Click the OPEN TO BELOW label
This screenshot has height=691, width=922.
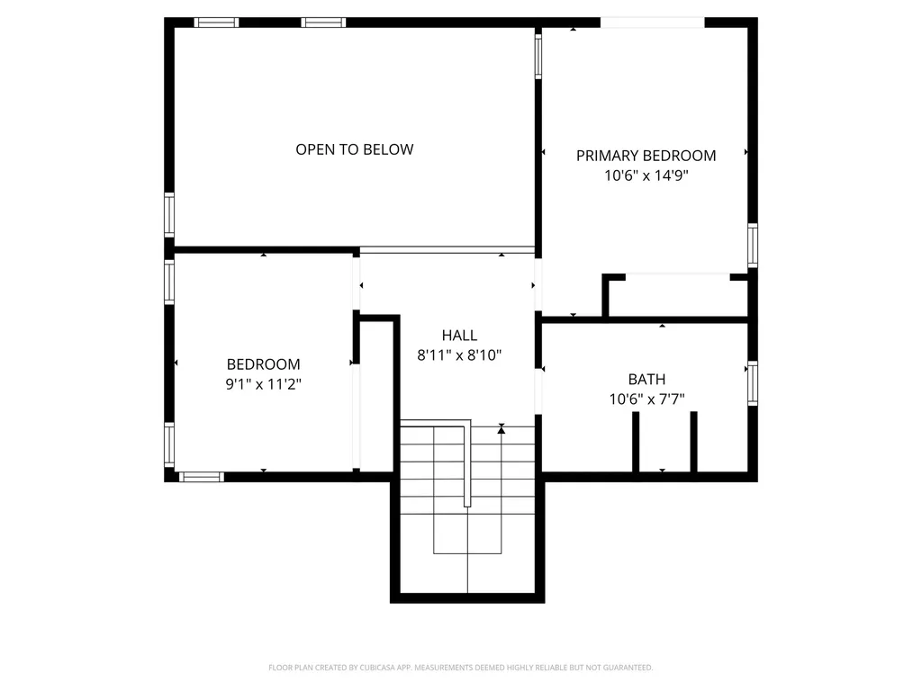(x=355, y=149)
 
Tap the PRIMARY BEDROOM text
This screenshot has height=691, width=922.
(x=646, y=156)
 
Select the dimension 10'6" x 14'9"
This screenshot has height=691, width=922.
(x=646, y=176)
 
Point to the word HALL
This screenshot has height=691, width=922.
(x=459, y=336)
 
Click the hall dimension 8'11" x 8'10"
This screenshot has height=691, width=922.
(x=459, y=355)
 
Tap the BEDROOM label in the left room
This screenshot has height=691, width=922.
(x=263, y=364)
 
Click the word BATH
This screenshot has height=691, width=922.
(x=646, y=380)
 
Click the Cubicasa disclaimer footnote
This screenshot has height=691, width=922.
(x=460, y=668)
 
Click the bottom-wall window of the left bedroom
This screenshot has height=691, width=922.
(x=202, y=476)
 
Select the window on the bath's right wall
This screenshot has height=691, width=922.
(x=753, y=383)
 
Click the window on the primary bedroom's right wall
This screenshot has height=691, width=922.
(x=753, y=245)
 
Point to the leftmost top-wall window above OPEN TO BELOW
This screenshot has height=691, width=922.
(x=217, y=22)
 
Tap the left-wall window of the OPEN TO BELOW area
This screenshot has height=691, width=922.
(x=168, y=215)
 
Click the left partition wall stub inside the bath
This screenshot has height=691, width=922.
(x=636, y=441)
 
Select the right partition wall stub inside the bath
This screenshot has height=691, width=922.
(x=693, y=441)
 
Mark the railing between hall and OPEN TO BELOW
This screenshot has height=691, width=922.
(x=447, y=249)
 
